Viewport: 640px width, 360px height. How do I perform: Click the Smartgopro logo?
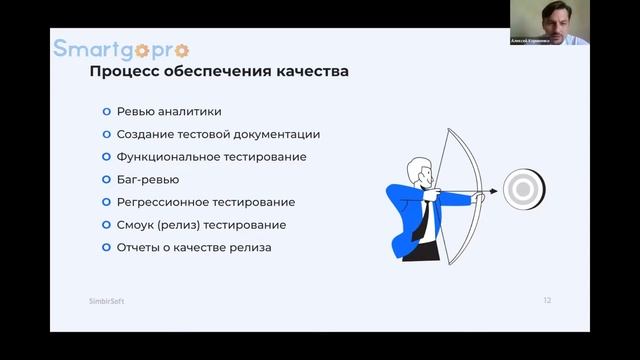[x=121, y=48]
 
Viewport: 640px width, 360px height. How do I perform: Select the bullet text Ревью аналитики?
[x=169, y=112]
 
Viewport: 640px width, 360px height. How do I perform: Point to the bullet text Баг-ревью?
[x=148, y=180]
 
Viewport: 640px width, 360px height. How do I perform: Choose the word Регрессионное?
[x=166, y=202]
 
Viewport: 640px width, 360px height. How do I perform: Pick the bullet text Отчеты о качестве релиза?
[x=194, y=247]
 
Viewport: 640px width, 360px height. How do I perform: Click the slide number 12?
[x=547, y=300]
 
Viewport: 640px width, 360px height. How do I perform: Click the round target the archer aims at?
[x=519, y=188]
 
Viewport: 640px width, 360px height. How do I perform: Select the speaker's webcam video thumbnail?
[x=549, y=23]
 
